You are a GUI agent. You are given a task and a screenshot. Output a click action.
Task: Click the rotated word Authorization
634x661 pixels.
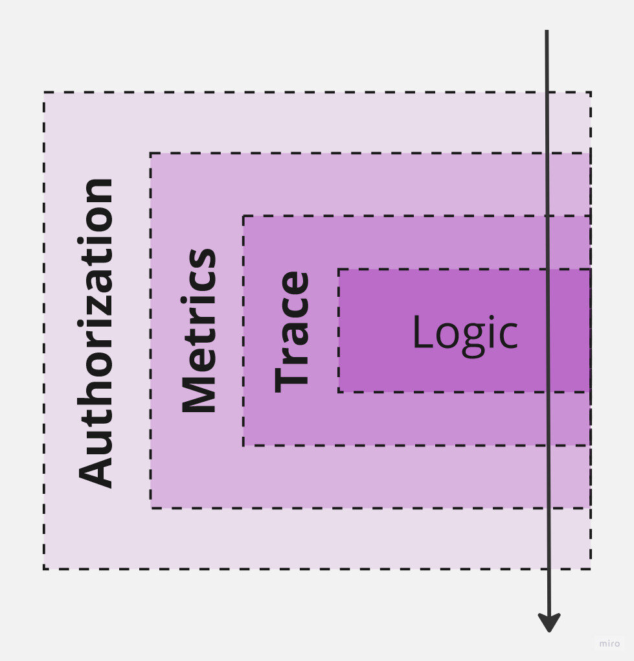(x=96, y=332)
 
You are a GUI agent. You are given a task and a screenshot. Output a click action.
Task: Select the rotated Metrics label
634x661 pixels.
(x=198, y=330)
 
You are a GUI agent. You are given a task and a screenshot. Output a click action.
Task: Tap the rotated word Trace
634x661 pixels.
(x=292, y=331)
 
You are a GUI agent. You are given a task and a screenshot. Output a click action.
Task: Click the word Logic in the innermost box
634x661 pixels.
(x=465, y=332)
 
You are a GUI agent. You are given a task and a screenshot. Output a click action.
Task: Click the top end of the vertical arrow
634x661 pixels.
(x=547, y=31)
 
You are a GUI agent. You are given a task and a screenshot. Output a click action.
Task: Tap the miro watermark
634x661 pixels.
(x=609, y=644)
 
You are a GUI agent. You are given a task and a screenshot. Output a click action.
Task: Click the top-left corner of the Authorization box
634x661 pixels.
(x=44, y=93)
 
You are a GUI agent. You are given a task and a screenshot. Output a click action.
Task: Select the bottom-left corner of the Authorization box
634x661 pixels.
(x=44, y=569)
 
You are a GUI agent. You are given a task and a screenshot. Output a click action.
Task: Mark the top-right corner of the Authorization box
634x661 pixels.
(x=590, y=93)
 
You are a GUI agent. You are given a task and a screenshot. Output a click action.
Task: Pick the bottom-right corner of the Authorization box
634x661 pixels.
(x=590, y=569)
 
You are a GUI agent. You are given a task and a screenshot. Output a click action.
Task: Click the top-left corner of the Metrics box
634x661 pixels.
(x=151, y=154)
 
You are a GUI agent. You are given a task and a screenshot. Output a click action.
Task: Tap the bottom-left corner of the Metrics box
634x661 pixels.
(x=151, y=508)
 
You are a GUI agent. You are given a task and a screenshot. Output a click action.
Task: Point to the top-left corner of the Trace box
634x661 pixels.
(x=243, y=216)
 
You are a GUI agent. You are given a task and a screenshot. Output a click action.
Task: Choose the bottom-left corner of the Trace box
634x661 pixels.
(x=243, y=445)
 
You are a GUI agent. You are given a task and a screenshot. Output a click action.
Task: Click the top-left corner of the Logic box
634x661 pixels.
(x=339, y=269)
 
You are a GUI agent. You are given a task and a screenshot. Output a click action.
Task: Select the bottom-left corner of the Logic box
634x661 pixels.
(x=339, y=391)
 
